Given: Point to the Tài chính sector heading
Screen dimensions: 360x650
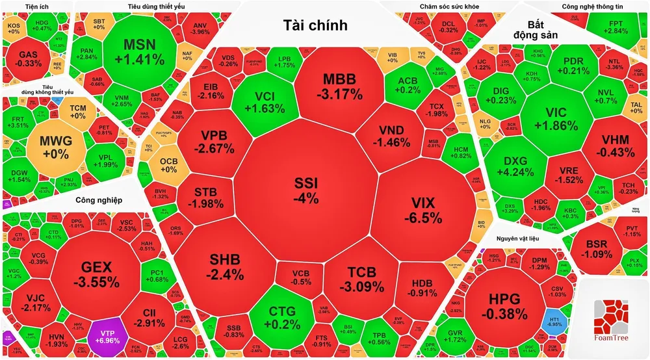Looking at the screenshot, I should [x=315, y=25].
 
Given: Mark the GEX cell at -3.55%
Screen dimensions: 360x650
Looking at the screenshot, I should [x=96, y=274].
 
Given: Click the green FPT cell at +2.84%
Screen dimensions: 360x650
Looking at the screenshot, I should [x=597, y=27].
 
